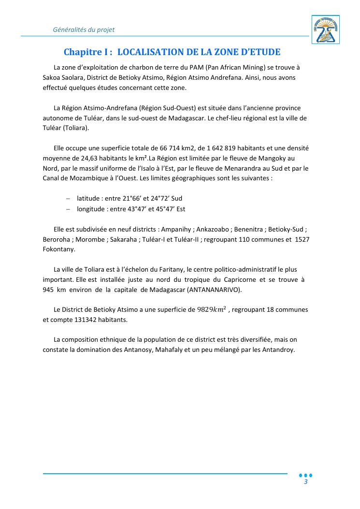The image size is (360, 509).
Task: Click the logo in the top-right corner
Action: tap(326, 29)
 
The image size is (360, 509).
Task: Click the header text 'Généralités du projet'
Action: tap(84, 29)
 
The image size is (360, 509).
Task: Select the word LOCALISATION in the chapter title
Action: tap(155, 52)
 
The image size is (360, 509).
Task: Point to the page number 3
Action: tap(306, 482)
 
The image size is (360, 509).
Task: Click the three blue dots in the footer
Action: tap(306, 475)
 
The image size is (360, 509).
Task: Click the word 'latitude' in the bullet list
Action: tap(88, 199)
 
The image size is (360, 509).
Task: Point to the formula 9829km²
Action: tap(212, 309)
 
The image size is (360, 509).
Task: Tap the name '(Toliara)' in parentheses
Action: tap(76, 128)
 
